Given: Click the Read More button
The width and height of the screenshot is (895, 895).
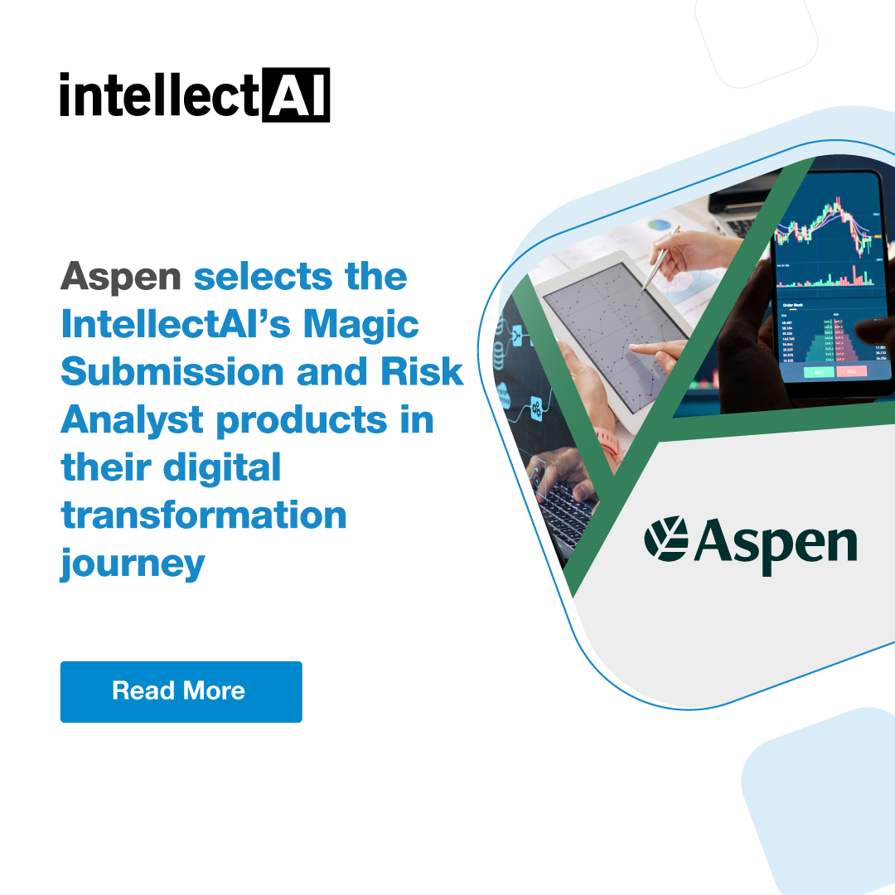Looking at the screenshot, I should coord(181,691).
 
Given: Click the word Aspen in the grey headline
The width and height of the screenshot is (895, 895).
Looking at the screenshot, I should coord(120,277).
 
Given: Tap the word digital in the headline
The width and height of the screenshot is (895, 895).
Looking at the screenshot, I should coord(223,468).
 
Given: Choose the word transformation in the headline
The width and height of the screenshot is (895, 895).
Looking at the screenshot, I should coord(203,515).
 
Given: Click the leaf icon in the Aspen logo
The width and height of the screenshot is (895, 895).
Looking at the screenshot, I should coord(666,538).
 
